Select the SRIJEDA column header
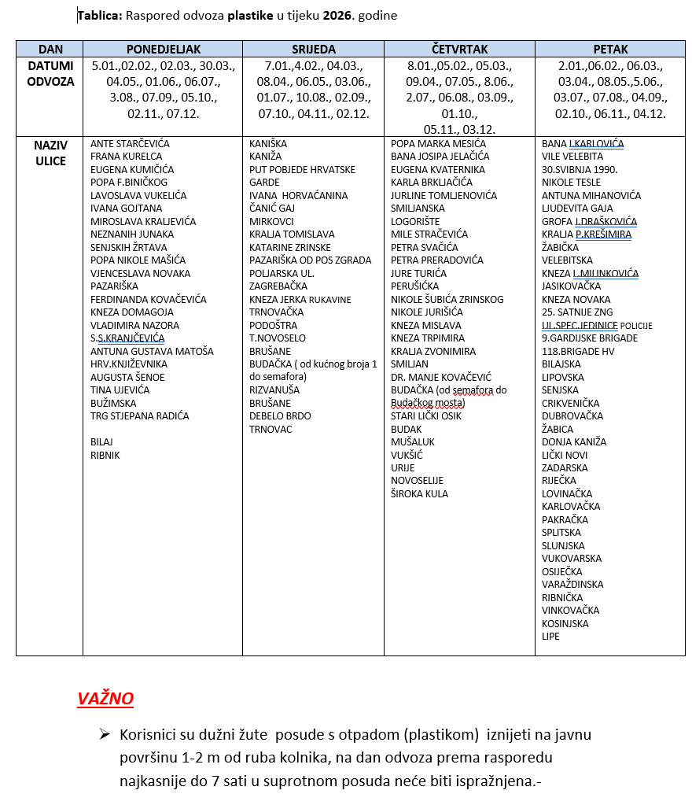point(313,49)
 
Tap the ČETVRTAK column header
point(459,49)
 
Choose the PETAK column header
point(610,49)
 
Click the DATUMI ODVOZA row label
point(50,73)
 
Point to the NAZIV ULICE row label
point(50,153)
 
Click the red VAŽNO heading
point(105,699)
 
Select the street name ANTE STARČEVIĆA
point(130,144)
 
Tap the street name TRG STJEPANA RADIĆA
point(140,416)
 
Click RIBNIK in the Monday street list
point(105,455)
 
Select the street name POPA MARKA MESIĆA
point(438,144)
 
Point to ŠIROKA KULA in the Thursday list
point(419,493)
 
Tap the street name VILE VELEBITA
point(572,157)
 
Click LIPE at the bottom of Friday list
point(550,636)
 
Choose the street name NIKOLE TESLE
point(571,183)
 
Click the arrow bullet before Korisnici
point(104,734)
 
